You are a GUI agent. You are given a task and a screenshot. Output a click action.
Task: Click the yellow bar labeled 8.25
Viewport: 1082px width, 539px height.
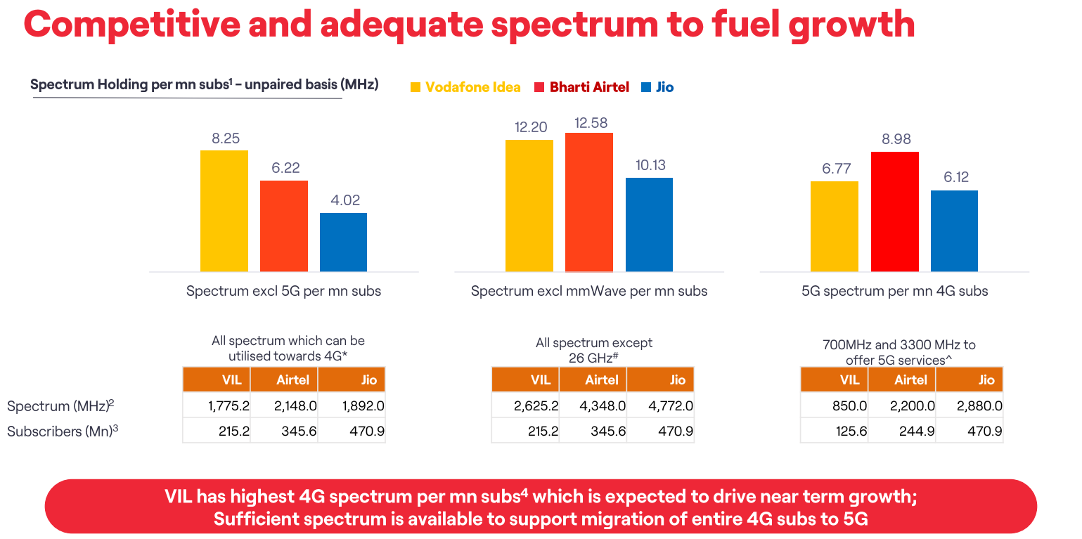tap(224, 211)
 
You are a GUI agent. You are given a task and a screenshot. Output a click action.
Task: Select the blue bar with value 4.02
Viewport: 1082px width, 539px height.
tap(343, 242)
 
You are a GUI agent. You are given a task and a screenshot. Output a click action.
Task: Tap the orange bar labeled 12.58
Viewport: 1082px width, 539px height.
tap(589, 202)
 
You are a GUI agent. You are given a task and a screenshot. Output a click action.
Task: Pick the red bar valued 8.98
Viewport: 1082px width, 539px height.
tap(895, 212)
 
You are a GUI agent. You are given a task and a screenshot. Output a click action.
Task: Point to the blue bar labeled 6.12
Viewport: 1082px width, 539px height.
tap(954, 230)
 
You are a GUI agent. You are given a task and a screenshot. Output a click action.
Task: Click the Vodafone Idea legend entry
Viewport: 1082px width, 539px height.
tap(465, 87)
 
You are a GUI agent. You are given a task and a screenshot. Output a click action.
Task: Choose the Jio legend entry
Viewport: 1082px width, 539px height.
tap(657, 87)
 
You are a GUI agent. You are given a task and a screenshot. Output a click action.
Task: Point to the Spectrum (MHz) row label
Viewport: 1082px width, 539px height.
tap(60, 406)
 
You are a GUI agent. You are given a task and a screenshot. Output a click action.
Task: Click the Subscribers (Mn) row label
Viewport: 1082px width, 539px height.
tap(62, 431)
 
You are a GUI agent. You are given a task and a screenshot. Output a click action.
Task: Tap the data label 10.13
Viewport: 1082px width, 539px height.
tap(649, 165)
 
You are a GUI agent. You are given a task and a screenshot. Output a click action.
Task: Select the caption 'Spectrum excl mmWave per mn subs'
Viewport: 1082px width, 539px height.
tap(589, 291)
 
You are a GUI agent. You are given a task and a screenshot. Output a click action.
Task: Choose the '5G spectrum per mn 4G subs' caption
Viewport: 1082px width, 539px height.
tap(894, 291)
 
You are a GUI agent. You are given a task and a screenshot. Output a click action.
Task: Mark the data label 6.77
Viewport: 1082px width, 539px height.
tap(835, 169)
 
